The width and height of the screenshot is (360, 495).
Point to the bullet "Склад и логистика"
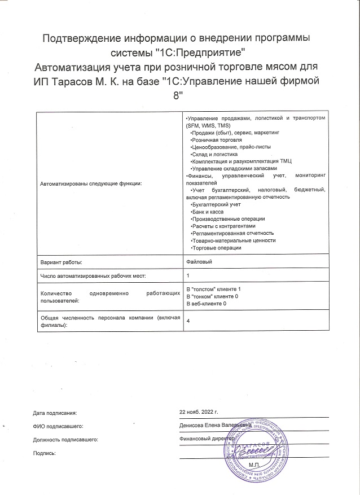[x=215, y=154]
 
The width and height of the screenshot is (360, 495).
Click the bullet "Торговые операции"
[x=217, y=248]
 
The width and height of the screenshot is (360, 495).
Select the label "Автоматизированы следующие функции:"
[x=91, y=183]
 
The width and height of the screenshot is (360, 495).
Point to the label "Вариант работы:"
[x=62, y=262]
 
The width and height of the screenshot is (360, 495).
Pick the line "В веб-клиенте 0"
[x=207, y=304]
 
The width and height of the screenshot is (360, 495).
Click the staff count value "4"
[x=188, y=321]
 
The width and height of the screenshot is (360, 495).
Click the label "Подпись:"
[x=45, y=453]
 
